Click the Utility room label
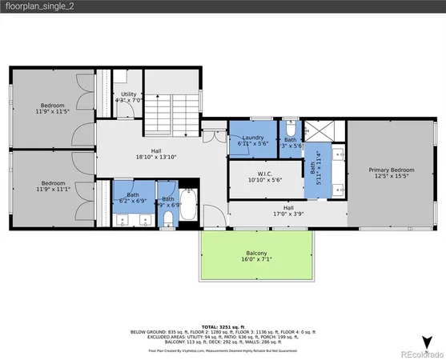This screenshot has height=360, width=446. tap(128, 94)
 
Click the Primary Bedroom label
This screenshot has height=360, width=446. tap(392, 170)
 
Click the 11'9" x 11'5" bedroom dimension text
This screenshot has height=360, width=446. tap(53, 111)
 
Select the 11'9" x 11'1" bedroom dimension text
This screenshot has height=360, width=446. tap(53, 188)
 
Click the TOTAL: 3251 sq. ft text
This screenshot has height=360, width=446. tap(223, 326)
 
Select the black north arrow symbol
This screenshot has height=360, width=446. tap(428, 340)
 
